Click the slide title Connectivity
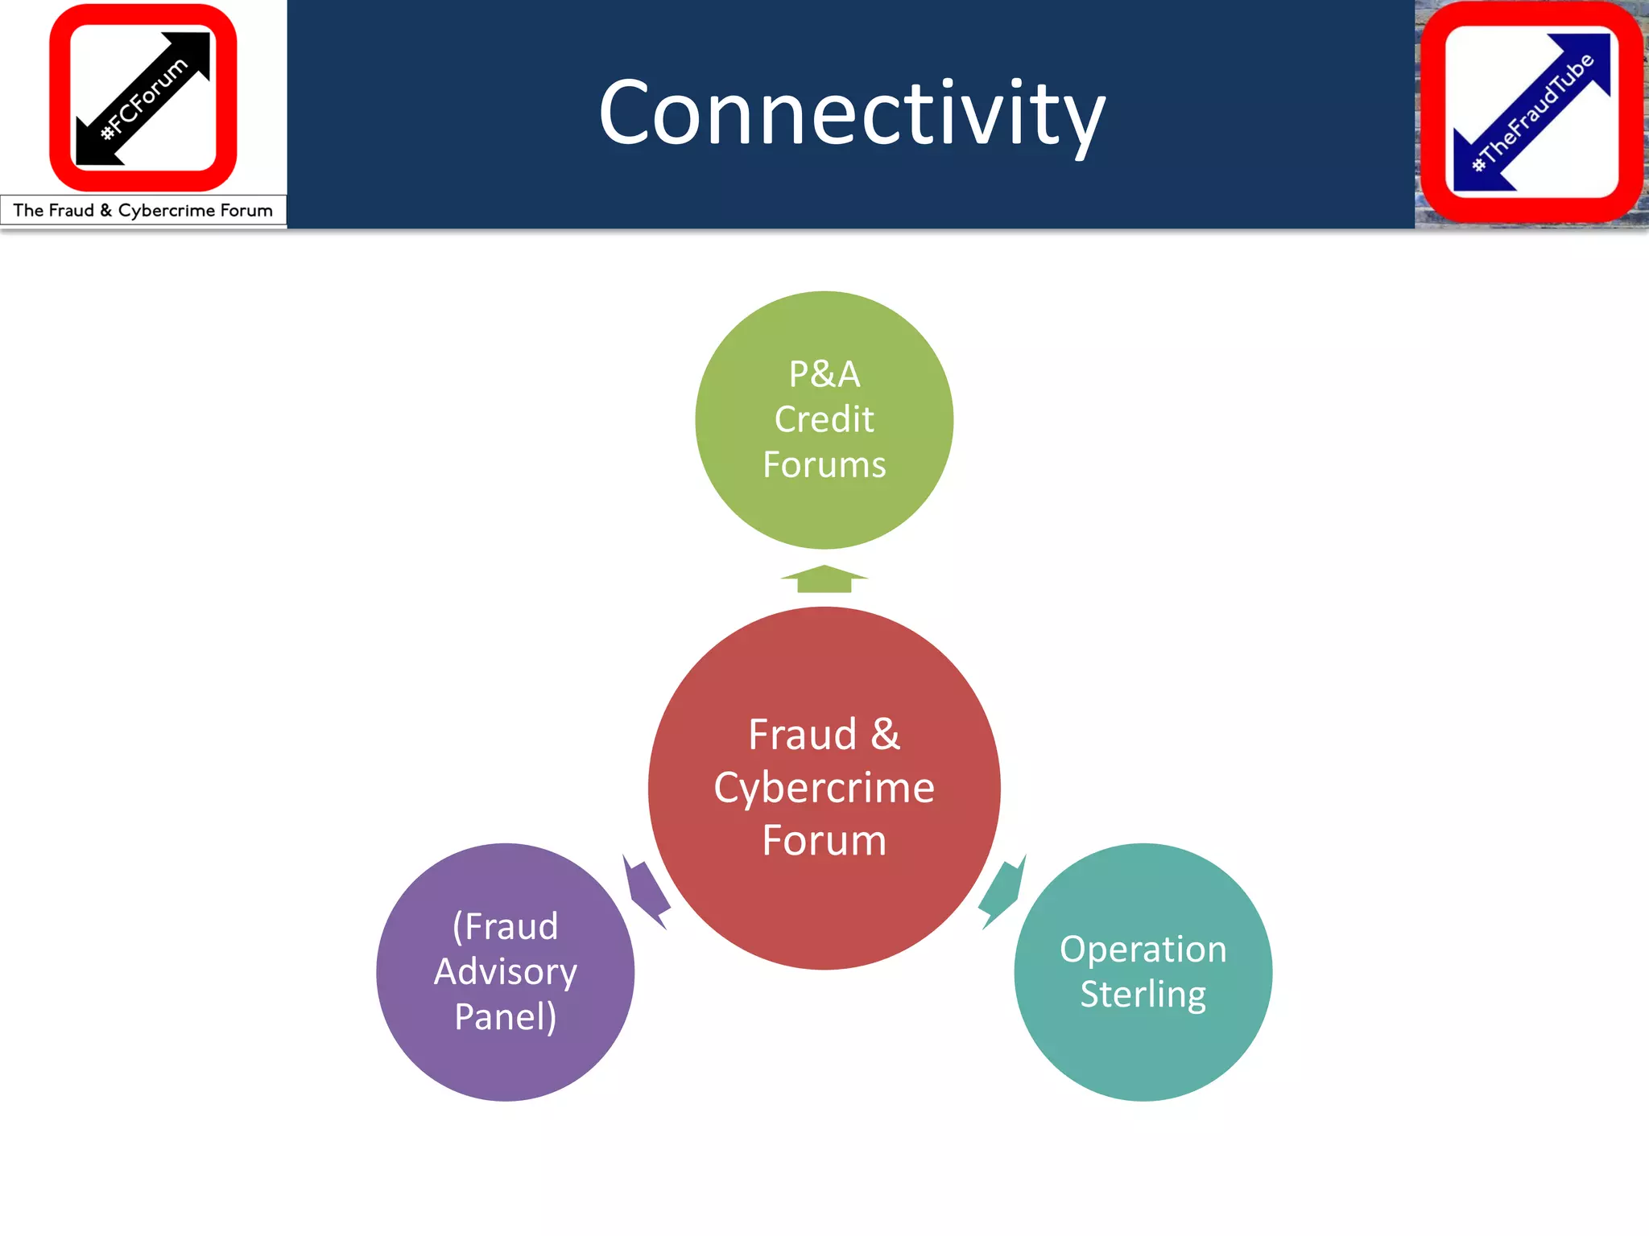point(851,114)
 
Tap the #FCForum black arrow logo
point(143,98)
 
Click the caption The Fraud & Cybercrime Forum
point(143,211)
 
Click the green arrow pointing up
point(824,579)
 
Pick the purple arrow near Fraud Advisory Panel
point(647,892)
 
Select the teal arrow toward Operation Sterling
point(1002,892)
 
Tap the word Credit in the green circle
point(824,419)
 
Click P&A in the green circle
point(824,374)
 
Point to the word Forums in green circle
point(824,465)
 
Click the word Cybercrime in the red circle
point(824,787)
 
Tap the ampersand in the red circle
point(885,734)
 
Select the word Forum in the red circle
point(824,840)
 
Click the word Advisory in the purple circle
point(506,972)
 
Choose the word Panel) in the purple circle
point(506,1017)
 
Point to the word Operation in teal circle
point(1143,950)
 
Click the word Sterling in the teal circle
point(1143,995)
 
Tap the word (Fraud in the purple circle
point(506,926)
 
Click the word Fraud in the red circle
point(802,734)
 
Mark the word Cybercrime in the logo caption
point(166,211)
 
